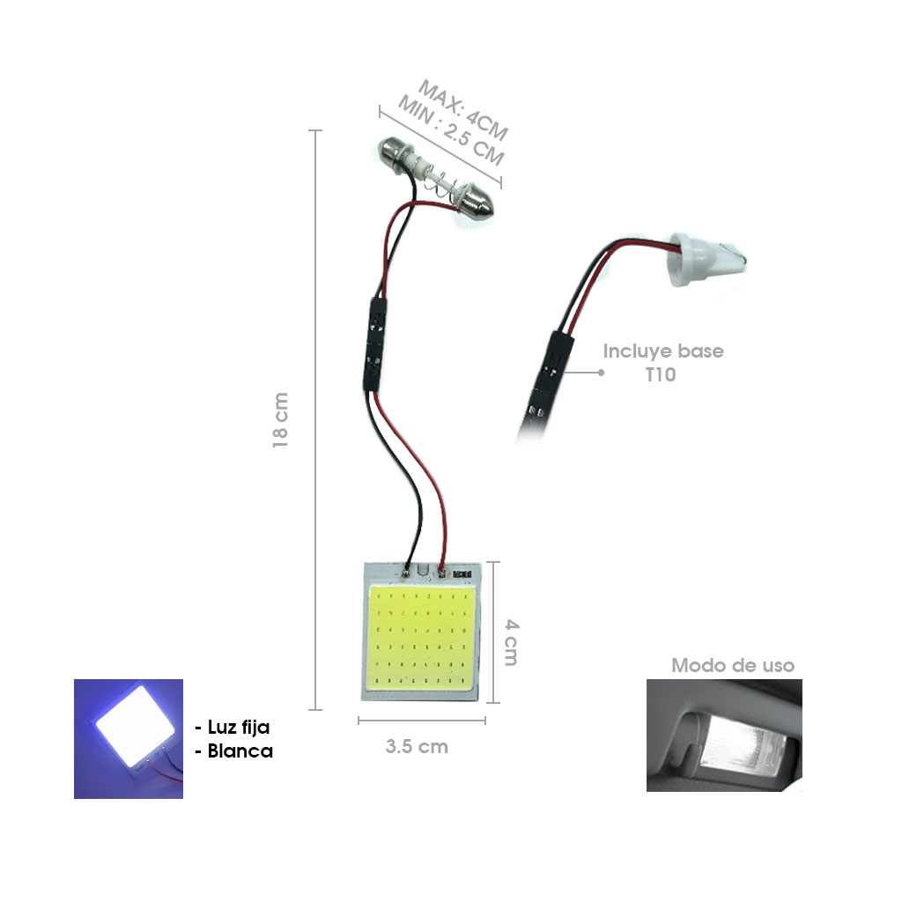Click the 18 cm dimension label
pos(280,420)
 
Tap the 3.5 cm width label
pos(417,747)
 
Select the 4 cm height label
pos(512,642)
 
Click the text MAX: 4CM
pos(463,110)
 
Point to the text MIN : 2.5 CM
pos(451,130)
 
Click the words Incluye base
pos(662,351)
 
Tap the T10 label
pos(661,374)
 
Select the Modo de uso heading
pos(733,666)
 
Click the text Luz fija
pos(238,727)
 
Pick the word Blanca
pos(240,751)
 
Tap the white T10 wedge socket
pos(706,260)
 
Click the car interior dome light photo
pos(724,736)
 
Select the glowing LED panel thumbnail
pos(129,739)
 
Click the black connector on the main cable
pos(375,344)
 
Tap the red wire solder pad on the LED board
pos(442,573)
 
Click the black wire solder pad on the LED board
pos(406,573)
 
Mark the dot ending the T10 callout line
pos(601,373)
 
